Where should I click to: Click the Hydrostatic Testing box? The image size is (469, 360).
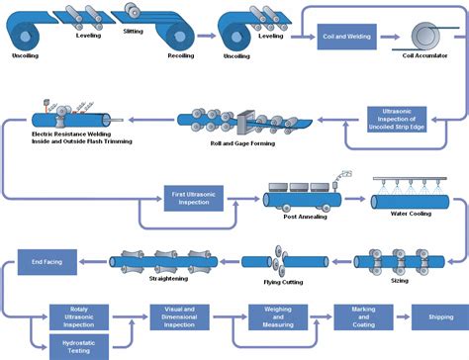pyautogui.click(x=77, y=343)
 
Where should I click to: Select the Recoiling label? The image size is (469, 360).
pyautogui.click(x=180, y=56)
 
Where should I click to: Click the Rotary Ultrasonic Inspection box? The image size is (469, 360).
pyautogui.click(x=77, y=315)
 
